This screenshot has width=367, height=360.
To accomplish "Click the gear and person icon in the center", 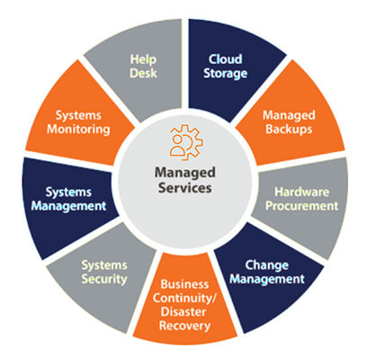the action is pyautogui.click(x=186, y=142).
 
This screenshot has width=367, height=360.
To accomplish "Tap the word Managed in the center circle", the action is pyautogui.click(x=185, y=173).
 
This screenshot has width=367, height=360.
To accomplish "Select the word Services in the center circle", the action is pyautogui.click(x=185, y=188).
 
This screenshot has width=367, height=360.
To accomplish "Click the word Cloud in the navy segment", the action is pyautogui.click(x=226, y=59).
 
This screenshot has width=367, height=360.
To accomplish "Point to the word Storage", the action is pyautogui.click(x=226, y=74).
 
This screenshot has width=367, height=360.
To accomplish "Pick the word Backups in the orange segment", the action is pyautogui.click(x=289, y=129).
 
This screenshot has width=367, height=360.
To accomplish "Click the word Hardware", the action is pyautogui.click(x=302, y=192).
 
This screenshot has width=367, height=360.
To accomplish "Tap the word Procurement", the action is pyautogui.click(x=302, y=206).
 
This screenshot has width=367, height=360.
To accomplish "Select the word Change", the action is pyautogui.click(x=267, y=265).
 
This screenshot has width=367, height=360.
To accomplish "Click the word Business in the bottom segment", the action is pyautogui.click(x=184, y=284).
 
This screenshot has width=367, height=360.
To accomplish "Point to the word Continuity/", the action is pyautogui.click(x=184, y=298).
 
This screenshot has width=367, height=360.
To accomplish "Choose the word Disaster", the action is pyautogui.click(x=183, y=311).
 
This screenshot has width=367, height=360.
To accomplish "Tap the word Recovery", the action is pyautogui.click(x=184, y=326).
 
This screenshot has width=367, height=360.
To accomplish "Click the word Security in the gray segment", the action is pyautogui.click(x=104, y=279).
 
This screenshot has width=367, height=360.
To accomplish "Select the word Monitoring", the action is pyautogui.click(x=78, y=130).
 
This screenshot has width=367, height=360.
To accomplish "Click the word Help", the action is pyautogui.click(x=143, y=59).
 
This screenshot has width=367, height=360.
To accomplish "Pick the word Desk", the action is pyautogui.click(x=143, y=73).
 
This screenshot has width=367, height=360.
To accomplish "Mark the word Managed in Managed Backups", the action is pyautogui.click(x=289, y=116).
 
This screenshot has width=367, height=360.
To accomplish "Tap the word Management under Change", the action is pyautogui.click(x=267, y=280).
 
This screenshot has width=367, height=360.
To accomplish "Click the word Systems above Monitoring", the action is pyautogui.click(x=78, y=116).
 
